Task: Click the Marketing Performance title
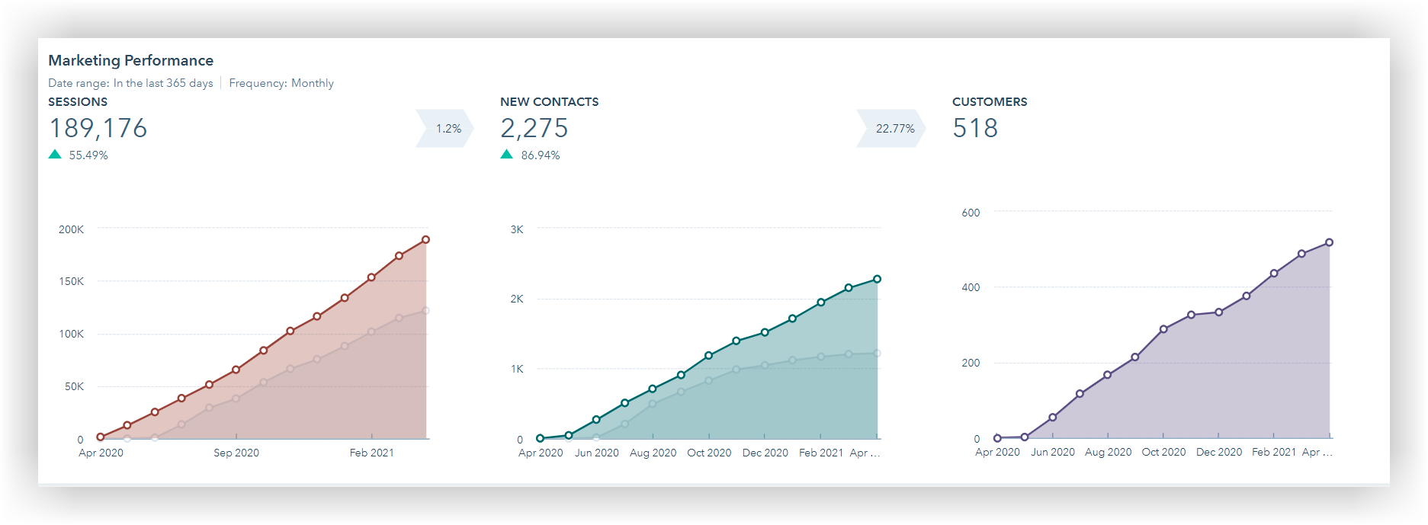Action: click(x=130, y=60)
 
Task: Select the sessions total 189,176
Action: click(x=98, y=128)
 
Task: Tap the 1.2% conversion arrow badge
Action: click(x=447, y=129)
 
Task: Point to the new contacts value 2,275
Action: click(x=534, y=128)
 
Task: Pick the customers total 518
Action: click(x=975, y=128)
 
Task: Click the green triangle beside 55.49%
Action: click(x=55, y=155)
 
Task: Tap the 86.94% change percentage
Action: click(x=541, y=155)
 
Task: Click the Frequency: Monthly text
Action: click(x=281, y=83)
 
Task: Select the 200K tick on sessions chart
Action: click(x=72, y=229)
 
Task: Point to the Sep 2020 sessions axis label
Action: click(x=236, y=453)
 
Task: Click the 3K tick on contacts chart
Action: click(x=517, y=229)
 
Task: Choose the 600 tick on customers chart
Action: click(x=971, y=213)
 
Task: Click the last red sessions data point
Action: click(x=426, y=240)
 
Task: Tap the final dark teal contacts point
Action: click(x=878, y=280)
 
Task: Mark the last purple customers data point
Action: click(x=1330, y=242)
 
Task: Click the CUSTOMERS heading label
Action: click(x=990, y=102)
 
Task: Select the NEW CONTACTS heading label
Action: click(x=549, y=102)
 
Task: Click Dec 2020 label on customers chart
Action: click(x=1219, y=452)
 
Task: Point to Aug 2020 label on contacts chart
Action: click(x=653, y=453)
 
